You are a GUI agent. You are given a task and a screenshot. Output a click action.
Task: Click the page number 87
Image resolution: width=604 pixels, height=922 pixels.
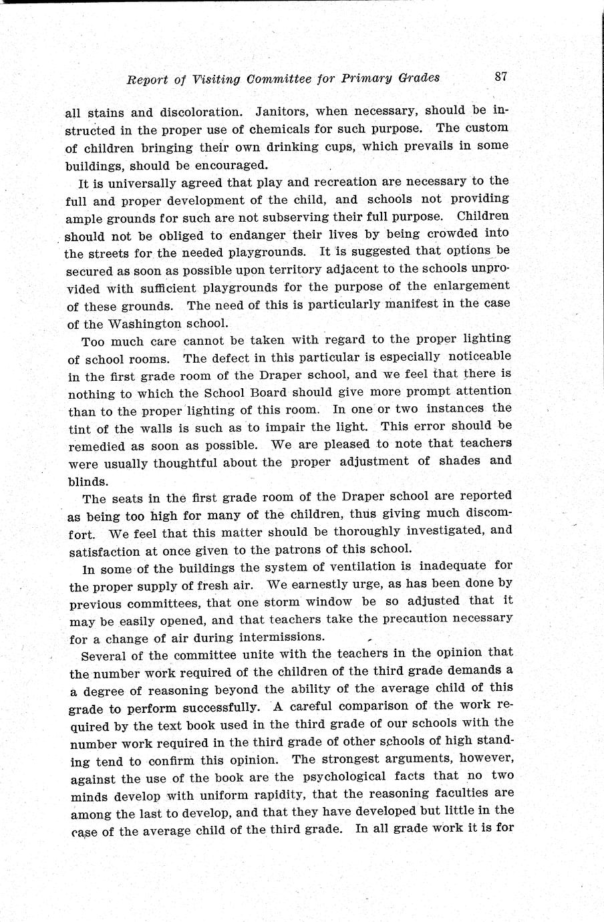pyautogui.click(x=501, y=76)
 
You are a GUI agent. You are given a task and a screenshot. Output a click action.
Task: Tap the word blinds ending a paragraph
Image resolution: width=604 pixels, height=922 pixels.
pyautogui.click(x=88, y=481)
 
